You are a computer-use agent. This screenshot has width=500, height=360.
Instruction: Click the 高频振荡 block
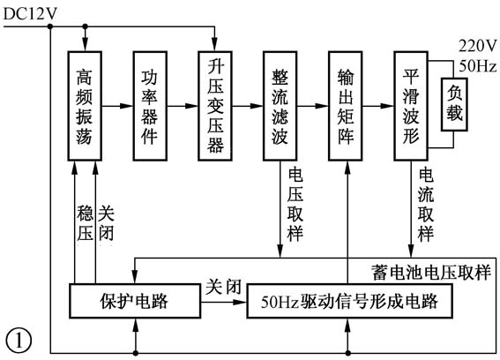tap(85, 106)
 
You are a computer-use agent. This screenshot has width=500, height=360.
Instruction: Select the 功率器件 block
tap(150, 106)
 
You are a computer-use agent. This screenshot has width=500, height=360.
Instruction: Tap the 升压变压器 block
tap(216, 106)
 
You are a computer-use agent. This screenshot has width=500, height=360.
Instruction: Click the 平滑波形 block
tap(410, 106)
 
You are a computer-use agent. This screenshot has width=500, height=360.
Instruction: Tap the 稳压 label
tap(85, 225)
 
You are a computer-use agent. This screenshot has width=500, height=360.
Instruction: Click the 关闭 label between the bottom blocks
tap(220, 288)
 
